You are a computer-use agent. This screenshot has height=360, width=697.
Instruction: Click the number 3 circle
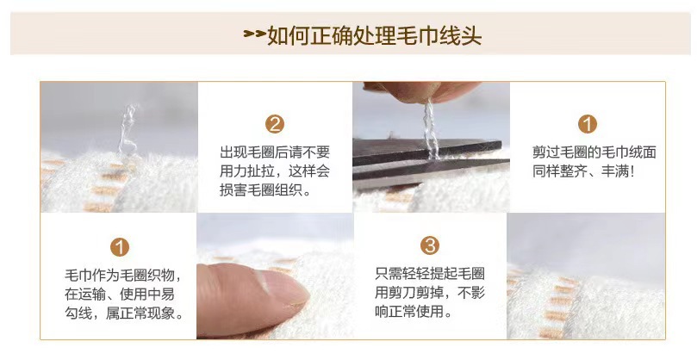430,246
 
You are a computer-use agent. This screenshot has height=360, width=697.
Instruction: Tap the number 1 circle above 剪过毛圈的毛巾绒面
588,124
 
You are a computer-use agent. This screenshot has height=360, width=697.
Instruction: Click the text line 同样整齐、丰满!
583,171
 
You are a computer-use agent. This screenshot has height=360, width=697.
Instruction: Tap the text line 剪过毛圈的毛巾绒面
594,152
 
